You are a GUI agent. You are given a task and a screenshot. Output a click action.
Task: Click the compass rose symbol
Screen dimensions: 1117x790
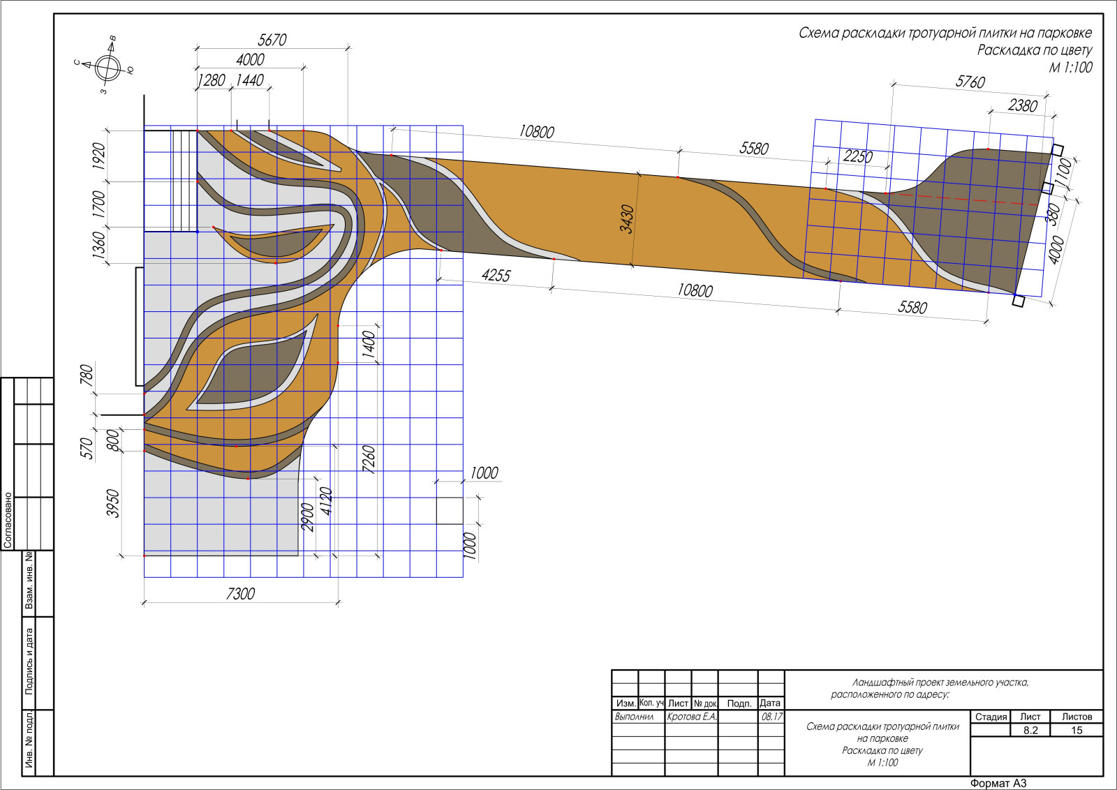point(109,68)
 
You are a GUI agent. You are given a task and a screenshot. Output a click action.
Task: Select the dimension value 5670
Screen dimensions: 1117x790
point(272,40)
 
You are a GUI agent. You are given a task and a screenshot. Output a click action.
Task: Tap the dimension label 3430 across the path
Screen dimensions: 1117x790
point(627,219)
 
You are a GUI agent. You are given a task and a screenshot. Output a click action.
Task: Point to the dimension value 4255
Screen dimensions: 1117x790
point(496,275)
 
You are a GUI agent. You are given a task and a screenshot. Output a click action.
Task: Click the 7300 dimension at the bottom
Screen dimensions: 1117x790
point(240,594)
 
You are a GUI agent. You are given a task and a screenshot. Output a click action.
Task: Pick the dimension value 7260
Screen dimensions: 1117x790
point(369,459)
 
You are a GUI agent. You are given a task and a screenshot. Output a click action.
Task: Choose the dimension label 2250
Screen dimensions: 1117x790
point(858,156)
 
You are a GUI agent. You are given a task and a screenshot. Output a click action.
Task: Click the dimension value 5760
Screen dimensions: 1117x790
point(970,82)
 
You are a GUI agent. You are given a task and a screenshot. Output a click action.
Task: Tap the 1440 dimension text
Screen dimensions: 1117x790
point(249,80)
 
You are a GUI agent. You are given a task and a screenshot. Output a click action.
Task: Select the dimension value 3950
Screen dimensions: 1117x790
point(113,503)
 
